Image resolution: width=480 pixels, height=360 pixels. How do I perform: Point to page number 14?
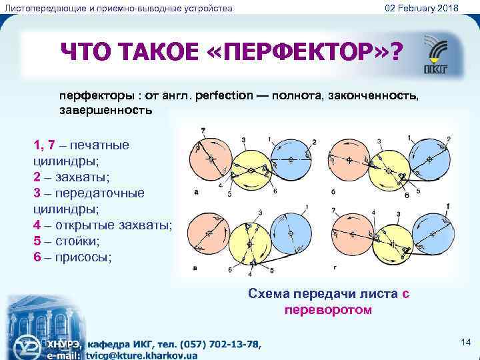pos(465,342)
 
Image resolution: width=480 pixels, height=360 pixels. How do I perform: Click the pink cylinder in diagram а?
pos(209,160)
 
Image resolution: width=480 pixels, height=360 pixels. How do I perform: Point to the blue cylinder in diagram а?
pos(291,160)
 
